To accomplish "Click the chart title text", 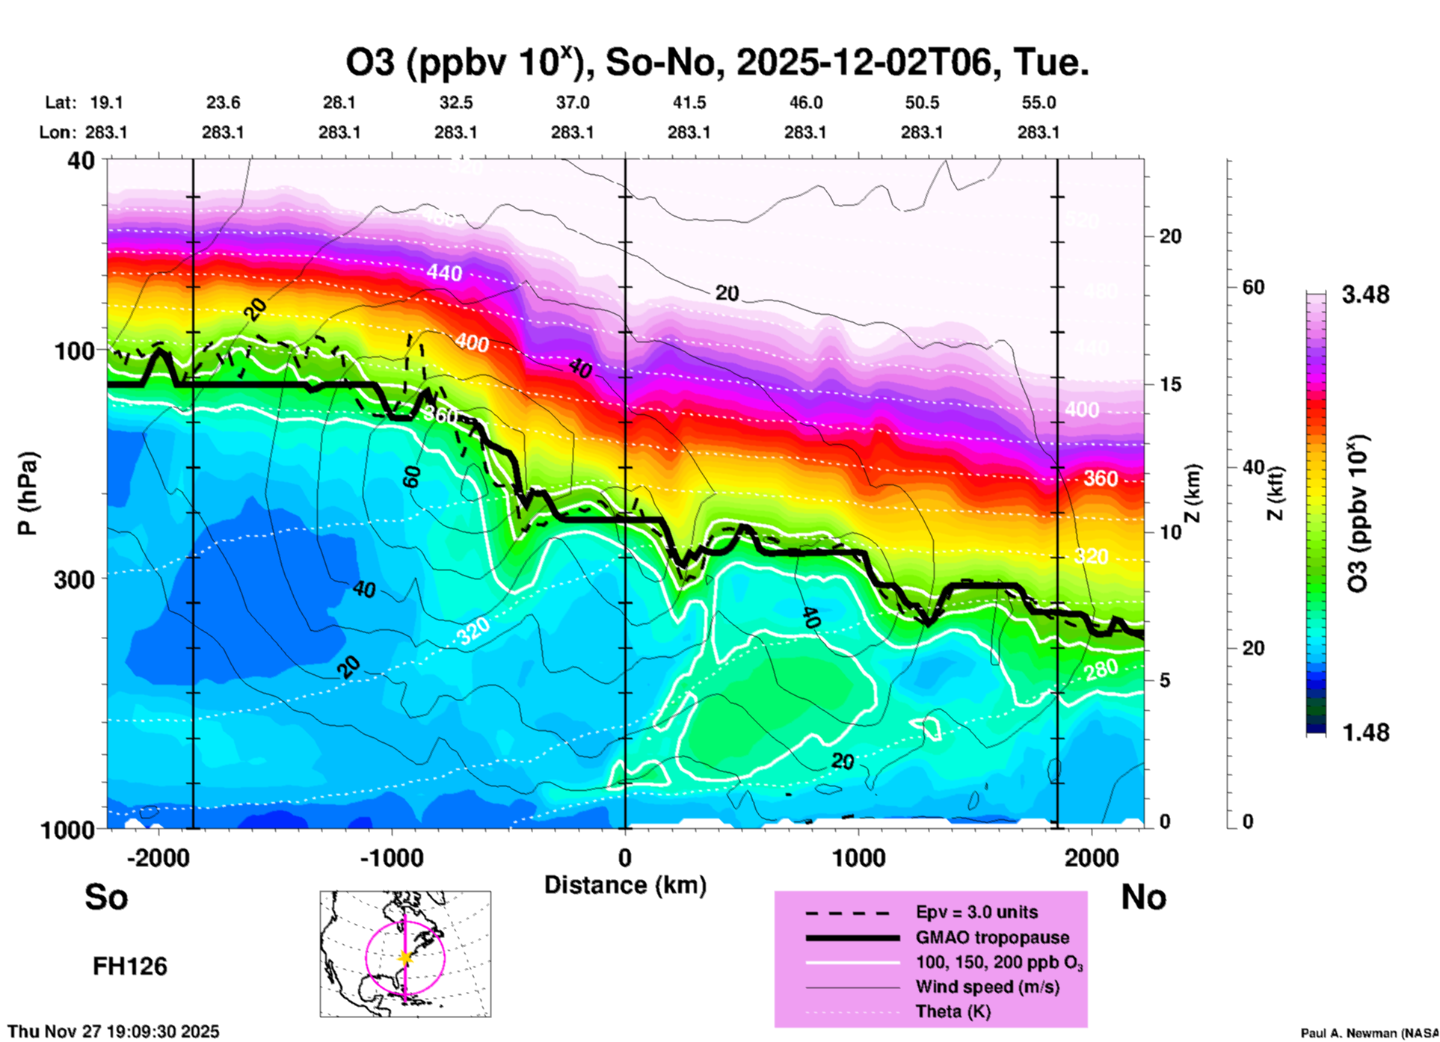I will (x=716, y=63).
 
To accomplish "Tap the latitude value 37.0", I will (x=572, y=102).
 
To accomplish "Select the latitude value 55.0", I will (x=1039, y=102).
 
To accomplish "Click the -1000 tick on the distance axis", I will (x=392, y=858).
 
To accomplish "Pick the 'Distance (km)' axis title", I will (x=625, y=885).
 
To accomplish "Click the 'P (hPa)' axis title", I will (x=28, y=493).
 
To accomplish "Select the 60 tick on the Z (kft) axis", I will (x=1253, y=287).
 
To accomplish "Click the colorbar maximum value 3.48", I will (x=1365, y=295).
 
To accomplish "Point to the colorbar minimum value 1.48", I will (x=1365, y=733).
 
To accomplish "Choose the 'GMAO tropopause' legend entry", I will (x=992, y=937).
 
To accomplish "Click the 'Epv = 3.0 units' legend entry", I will (x=976, y=912).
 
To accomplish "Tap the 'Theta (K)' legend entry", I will (x=953, y=1011).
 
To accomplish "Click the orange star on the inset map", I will (x=405, y=958).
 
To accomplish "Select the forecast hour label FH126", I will (x=130, y=967).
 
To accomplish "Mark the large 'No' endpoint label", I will (x=1143, y=897).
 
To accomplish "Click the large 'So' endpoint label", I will (x=106, y=897).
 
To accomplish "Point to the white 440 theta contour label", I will (x=444, y=274).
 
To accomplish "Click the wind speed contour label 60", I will (x=411, y=475).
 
